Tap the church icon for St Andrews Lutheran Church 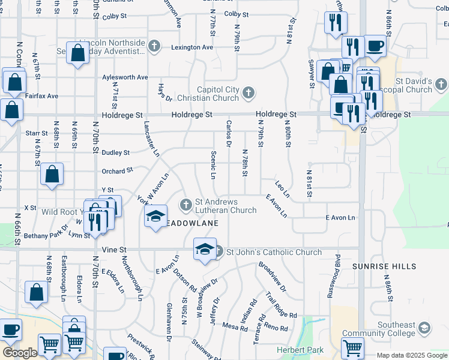(186, 206)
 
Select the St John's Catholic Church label (274, 253)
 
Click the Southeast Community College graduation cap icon (424, 328)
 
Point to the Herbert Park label (300, 350)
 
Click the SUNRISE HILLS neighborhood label (380, 266)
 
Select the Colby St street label (236, 14)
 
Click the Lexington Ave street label (192, 47)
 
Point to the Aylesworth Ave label (125, 77)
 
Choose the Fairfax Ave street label (42, 95)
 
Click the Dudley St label (116, 153)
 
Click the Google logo (20, 353)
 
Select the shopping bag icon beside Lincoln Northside (78, 53)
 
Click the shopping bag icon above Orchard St (52, 173)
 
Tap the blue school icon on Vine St (205, 249)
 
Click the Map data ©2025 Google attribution (412, 355)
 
